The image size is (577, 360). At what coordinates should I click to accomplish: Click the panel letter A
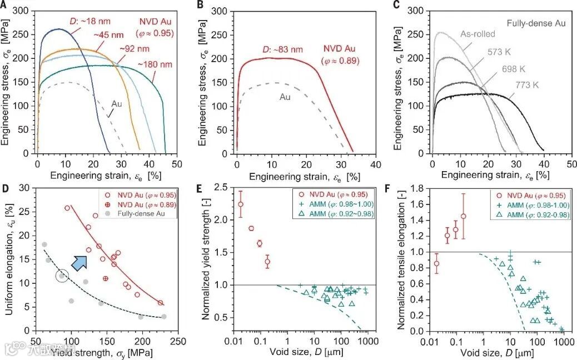click(x=4, y=5)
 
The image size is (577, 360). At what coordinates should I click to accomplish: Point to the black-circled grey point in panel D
click(x=62, y=276)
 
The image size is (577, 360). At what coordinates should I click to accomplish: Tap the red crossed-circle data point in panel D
click(x=106, y=278)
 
